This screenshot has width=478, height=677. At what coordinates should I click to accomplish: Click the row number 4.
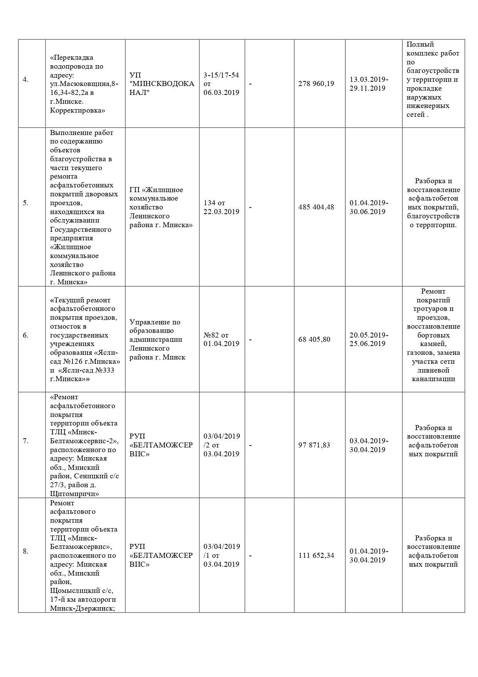coord(25,80)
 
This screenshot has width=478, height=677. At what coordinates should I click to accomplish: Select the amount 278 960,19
coord(316,84)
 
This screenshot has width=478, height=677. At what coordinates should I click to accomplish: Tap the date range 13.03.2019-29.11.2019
coord(369,84)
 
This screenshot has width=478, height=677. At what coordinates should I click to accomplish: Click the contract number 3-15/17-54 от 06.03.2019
coord(221,84)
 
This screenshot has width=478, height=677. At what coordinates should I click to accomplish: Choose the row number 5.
coord(25,203)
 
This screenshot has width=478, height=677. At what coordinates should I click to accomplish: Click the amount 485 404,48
coord(316,207)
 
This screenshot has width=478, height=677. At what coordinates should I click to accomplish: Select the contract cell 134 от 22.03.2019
coord(221,207)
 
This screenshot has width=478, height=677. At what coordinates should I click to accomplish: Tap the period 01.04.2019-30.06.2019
coord(369,207)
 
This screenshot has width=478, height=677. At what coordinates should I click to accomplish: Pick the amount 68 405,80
coord(314,339)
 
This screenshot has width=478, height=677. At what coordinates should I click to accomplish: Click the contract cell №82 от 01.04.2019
coord(221,339)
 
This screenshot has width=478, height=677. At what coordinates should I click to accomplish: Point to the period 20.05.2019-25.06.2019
coord(369,339)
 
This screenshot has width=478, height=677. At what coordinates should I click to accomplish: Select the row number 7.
coord(25,441)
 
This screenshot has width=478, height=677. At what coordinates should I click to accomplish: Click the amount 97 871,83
coord(314,445)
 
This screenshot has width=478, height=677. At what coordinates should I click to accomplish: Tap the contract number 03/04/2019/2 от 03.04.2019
coord(222,445)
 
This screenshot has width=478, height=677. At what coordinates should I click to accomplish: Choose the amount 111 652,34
coord(316,555)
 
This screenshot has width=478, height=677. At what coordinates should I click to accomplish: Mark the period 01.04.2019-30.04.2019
coord(369,555)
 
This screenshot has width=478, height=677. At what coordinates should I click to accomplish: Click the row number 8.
coord(25,551)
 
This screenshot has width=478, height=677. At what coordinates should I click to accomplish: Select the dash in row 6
coord(250,340)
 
